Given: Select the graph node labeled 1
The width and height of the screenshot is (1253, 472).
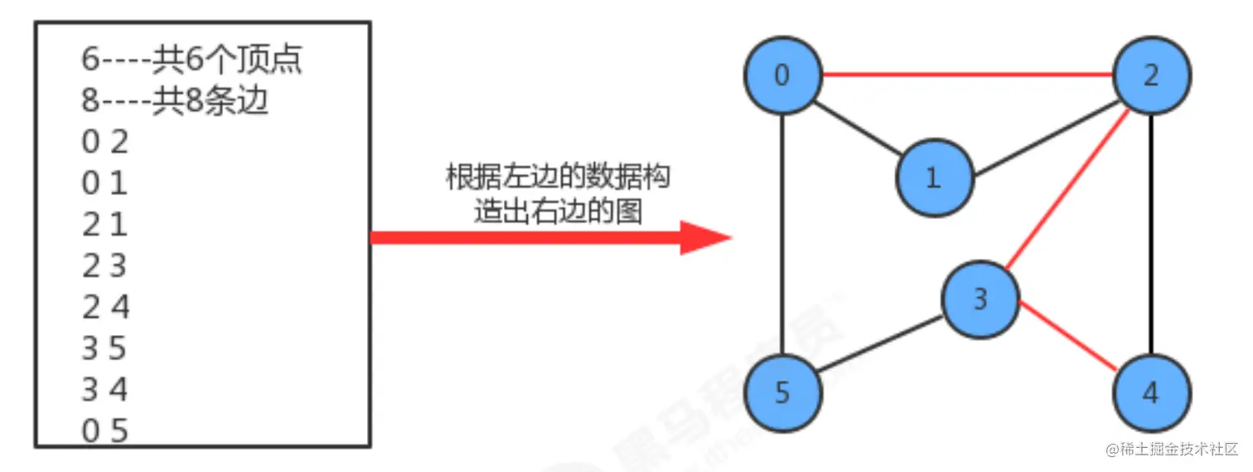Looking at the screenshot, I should (934, 178).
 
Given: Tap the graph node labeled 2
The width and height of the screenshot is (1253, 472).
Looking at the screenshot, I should (1151, 75).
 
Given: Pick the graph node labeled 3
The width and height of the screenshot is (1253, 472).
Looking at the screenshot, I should (980, 299).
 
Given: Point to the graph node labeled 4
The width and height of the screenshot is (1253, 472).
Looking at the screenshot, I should (1151, 392).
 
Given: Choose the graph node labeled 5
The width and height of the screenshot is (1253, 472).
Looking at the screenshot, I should (782, 392).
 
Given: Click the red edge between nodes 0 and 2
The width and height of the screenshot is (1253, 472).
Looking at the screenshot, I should (966, 75).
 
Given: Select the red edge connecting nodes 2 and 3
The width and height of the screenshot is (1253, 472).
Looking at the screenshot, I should (1067, 190).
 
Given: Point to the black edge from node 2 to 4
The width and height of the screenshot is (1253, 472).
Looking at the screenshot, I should (1151, 234).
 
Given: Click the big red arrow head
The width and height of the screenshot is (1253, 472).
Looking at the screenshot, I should (704, 237).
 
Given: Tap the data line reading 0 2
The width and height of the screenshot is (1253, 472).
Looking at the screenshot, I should (105, 143).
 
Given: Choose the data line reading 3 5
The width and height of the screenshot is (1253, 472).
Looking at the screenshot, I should (104, 348).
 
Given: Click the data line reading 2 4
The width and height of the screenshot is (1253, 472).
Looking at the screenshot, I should (105, 308).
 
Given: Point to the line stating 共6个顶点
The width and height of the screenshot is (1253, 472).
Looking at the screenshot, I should (191, 60).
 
